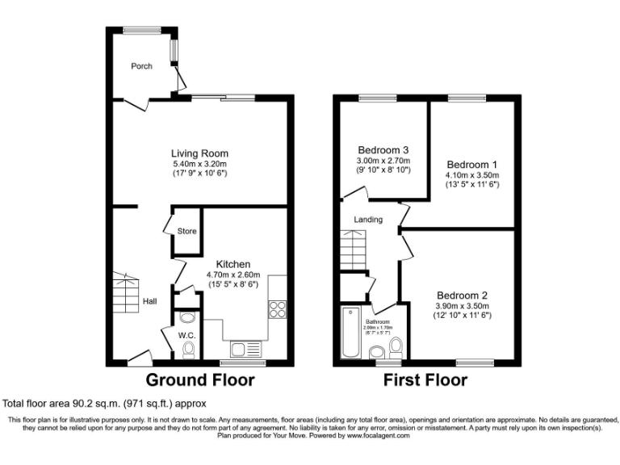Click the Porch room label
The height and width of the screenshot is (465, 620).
(142, 66)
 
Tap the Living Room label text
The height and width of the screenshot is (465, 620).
(199, 153)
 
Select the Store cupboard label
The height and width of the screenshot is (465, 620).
(186, 232)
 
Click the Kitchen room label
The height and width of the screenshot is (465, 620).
(232, 264)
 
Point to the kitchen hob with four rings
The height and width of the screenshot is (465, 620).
(277, 309)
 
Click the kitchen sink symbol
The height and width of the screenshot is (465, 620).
(245, 350)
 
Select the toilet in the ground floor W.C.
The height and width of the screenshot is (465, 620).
(189, 349)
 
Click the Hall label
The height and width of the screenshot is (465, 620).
(150, 302)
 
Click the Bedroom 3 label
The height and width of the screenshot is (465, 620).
(383, 150)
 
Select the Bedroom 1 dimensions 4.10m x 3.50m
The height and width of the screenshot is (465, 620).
(473, 175)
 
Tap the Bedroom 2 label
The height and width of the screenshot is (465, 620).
(463, 295)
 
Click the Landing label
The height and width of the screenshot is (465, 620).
(368, 220)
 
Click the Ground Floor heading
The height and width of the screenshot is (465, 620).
(199, 379)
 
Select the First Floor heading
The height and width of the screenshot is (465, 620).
(425, 379)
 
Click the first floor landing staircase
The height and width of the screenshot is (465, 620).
(352, 249)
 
